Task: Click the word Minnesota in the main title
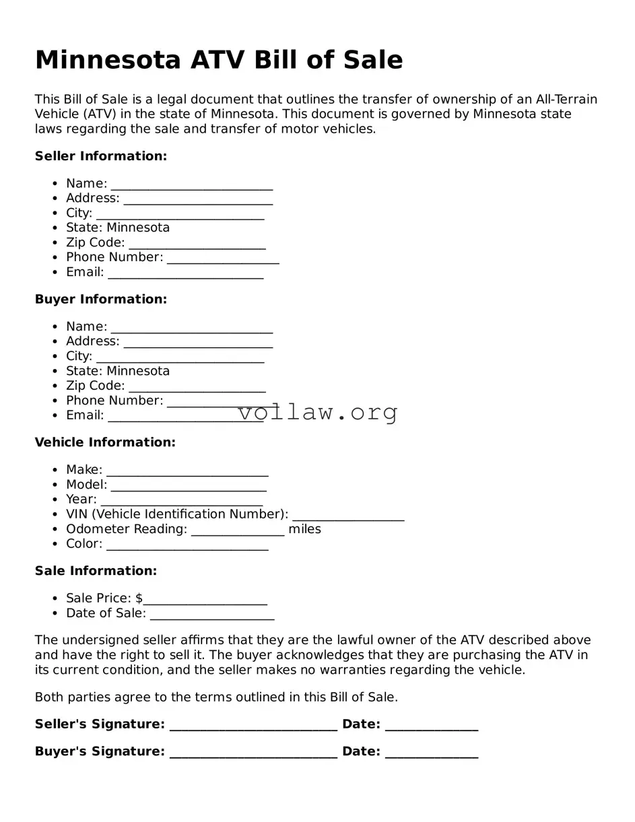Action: click(x=107, y=60)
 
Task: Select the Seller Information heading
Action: click(x=100, y=156)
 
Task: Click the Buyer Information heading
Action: click(x=100, y=299)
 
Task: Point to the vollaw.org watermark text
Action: click(x=318, y=412)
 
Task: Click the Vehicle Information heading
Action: click(x=105, y=442)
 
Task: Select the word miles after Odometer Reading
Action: click(x=304, y=529)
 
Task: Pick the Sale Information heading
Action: click(x=96, y=571)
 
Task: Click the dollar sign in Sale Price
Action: click(x=139, y=598)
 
